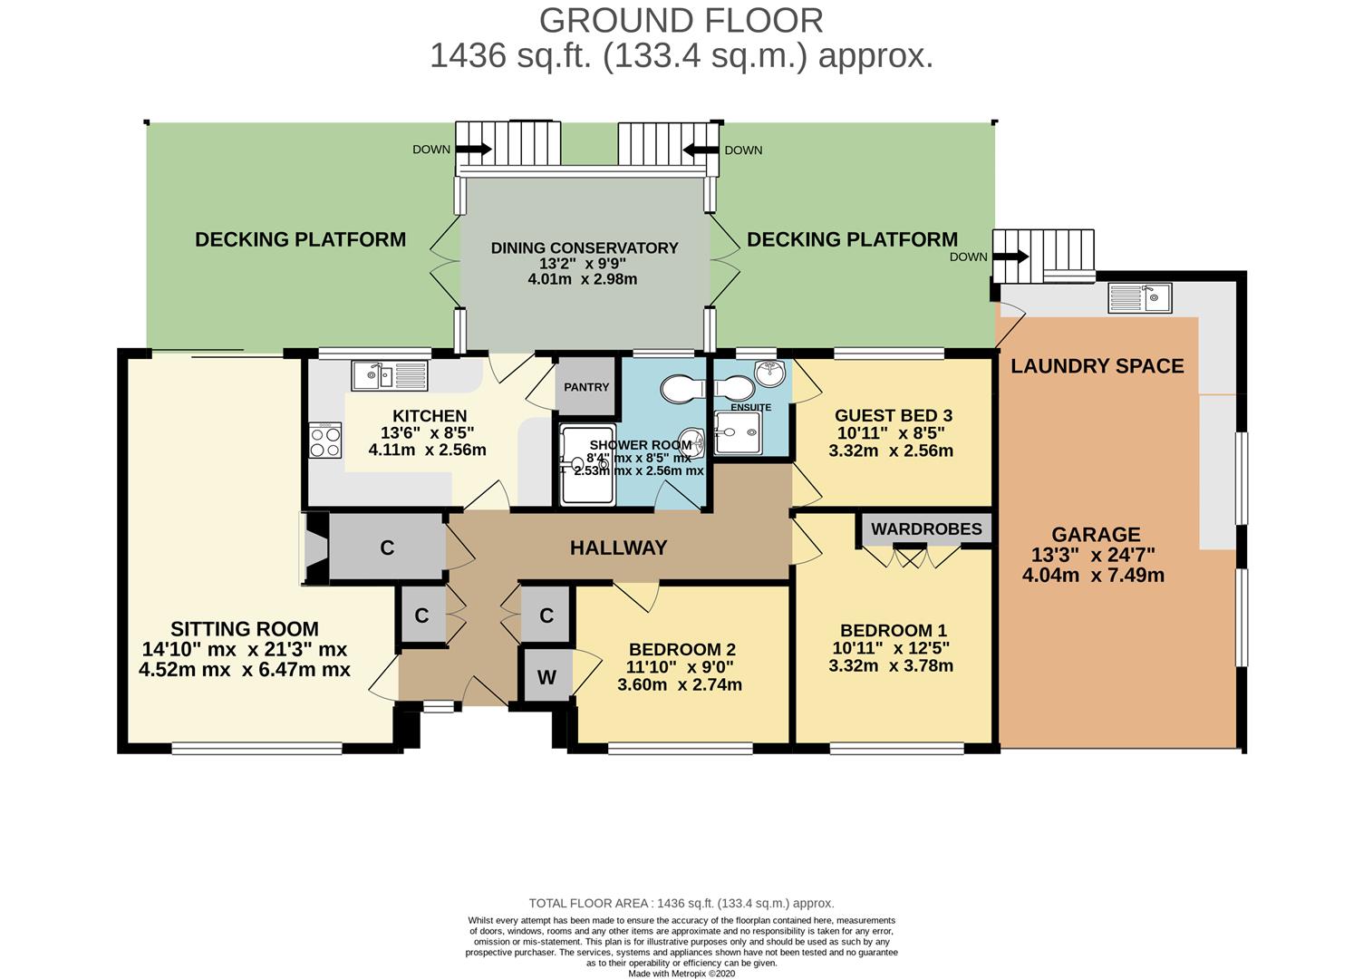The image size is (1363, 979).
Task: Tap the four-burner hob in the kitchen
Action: click(325, 441)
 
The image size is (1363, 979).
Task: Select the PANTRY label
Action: click(586, 387)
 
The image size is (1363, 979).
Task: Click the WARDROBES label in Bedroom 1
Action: click(926, 528)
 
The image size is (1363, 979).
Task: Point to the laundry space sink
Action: click(1140, 297)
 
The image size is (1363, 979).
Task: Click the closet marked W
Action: click(547, 676)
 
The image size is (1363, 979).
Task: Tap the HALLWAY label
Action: click(618, 548)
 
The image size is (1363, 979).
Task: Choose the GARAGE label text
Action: click(1096, 534)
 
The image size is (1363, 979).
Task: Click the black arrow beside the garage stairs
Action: click(1011, 257)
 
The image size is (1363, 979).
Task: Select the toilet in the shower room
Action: click(682, 389)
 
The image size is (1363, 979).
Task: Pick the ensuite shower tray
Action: click(738, 432)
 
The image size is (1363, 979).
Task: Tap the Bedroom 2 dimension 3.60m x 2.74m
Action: click(680, 684)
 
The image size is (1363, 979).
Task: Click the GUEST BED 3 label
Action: click(894, 415)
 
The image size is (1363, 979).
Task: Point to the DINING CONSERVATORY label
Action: click(585, 248)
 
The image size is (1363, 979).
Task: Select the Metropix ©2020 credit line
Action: click(681, 974)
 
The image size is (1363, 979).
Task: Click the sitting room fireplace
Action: click(315, 548)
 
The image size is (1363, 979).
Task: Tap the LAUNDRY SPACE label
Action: click(1097, 365)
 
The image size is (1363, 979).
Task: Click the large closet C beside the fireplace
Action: click(387, 548)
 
